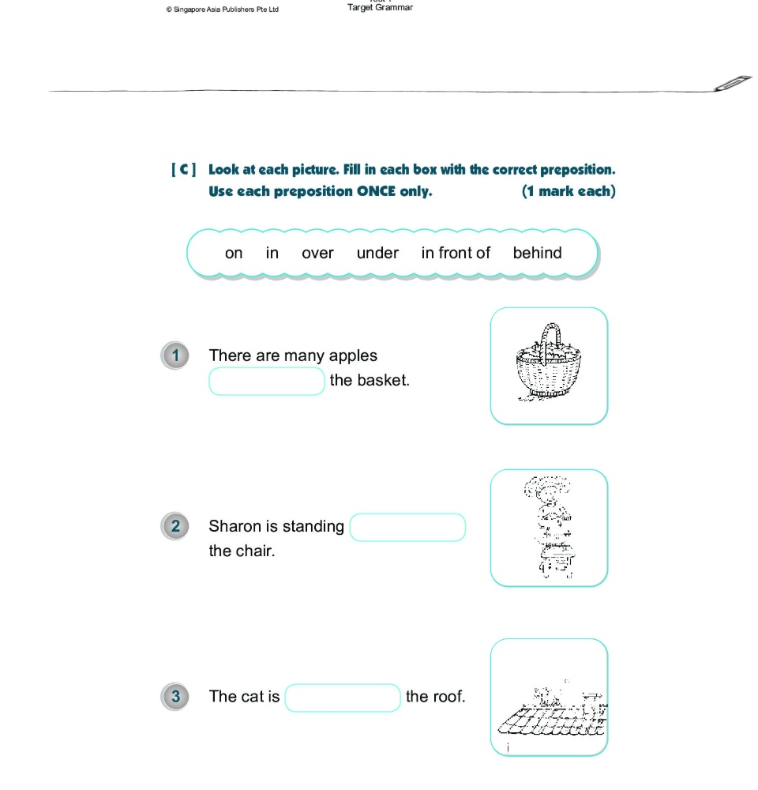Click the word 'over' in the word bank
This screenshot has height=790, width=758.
point(317,254)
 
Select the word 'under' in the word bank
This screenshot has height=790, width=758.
point(377,254)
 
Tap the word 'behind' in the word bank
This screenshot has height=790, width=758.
point(537,254)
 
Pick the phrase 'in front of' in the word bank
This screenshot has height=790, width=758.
point(456,254)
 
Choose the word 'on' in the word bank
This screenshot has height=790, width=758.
point(234,254)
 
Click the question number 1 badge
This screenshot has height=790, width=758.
point(175,355)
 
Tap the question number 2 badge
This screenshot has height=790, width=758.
point(175,526)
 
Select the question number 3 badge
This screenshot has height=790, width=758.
point(175,696)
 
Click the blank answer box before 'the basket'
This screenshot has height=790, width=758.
point(267,381)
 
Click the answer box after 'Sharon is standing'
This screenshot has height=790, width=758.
point(407,528)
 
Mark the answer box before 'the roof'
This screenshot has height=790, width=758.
point(343,698)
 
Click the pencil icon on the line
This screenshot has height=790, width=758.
point(732,85)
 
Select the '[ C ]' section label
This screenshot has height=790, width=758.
point(183,170)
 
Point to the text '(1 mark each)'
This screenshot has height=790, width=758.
point(568,191)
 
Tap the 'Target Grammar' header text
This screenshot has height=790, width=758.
point(380,8)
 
